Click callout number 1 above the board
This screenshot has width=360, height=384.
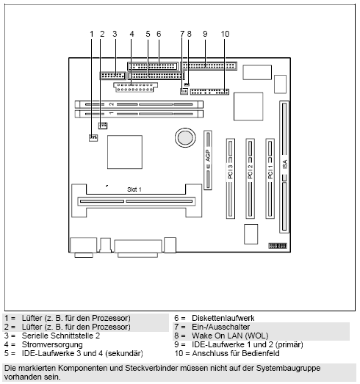click(93, 34)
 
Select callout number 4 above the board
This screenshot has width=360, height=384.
click(131, 34)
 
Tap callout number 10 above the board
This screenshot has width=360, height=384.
click(225, 34)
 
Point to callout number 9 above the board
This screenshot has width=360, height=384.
click(205, 34)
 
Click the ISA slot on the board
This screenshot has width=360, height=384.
click(284, 166)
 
